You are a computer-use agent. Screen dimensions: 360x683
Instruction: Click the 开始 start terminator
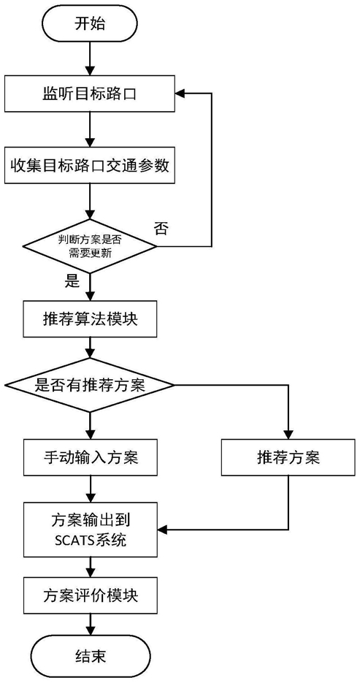click(x=90, y=24)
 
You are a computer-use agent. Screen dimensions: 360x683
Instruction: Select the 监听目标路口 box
click(x=90, y=94)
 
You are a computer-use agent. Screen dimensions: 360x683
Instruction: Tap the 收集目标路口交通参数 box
click(x=90, y=166)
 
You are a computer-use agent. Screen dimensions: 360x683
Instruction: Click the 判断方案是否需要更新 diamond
click(x=90, y=245)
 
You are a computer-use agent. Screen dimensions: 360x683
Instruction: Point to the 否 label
click(x=161, y=229)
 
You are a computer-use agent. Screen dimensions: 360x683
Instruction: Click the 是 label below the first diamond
click(x=72, y=282)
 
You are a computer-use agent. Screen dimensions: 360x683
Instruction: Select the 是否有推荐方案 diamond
click(x=90, y=385)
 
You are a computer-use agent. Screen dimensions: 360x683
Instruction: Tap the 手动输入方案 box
click(x=90, y=457)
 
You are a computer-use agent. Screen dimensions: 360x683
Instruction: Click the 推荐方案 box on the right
click(x=288, y=457)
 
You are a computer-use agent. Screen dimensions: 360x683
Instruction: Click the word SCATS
click(x=74, y=541)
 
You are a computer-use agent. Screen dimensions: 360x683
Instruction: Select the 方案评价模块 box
click(x=90, y=595)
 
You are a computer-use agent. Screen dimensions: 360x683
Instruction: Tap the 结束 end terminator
click(x=90, y=657)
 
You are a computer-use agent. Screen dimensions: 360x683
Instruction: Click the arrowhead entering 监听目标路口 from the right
click(x=180, y=94)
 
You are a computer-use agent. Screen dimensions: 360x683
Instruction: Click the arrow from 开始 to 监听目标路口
click(x=90, y=59)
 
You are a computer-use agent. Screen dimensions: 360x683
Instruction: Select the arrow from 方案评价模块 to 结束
click(x=90, y=626)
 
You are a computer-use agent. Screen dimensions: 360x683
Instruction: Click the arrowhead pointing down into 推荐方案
click(x=288, y=433)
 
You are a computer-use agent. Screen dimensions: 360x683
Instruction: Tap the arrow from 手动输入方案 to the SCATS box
click(x=90, y=489)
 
